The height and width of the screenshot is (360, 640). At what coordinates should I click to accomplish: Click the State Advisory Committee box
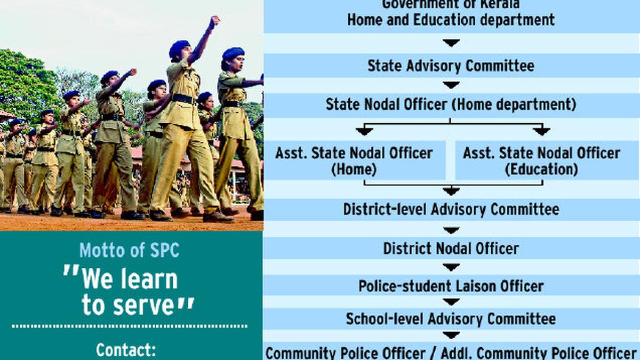tap(451, 66)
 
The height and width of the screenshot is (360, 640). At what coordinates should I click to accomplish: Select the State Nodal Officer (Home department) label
tap(451, 105)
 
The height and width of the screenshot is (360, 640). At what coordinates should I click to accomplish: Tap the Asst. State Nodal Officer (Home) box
tap(354, 161)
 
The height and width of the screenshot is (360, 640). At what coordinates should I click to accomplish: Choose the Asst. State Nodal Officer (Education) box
tap(541, 161)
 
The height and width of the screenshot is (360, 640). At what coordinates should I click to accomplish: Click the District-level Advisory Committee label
tap(451, 209)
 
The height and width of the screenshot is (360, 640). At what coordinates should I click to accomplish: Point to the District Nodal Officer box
tap(451, 249)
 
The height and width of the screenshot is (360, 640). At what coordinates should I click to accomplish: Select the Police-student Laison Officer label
tap(451, 286)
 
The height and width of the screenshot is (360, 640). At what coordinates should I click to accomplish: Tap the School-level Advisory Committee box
tap(451, 319)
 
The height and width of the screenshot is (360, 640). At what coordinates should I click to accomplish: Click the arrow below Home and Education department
tap(451, 43)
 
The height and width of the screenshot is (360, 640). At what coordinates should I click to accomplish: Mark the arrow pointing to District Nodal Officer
tap(451, 230)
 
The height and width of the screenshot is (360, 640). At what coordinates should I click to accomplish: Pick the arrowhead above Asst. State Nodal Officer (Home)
tap(365, 131)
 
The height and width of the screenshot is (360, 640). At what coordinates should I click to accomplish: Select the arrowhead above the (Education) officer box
tap(541, 131)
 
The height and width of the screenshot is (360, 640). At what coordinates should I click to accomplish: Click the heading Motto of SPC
tap(129, 250)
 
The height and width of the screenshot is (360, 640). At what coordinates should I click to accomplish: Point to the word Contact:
tap(126, 350)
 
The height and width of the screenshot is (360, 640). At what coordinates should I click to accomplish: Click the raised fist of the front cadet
tap(214, 22)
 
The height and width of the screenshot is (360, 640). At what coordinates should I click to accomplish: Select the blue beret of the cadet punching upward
tap(179, 49)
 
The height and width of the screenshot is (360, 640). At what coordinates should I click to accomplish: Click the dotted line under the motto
tap(129, 325)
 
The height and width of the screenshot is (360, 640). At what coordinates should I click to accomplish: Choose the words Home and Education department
tap(451, 20)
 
